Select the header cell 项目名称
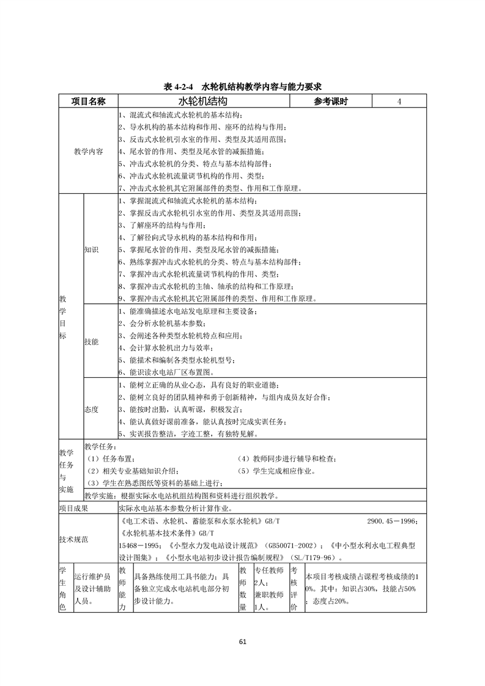88,101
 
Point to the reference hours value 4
399,101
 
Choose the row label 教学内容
88,151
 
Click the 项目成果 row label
73,507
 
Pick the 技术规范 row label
73,539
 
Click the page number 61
243,641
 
